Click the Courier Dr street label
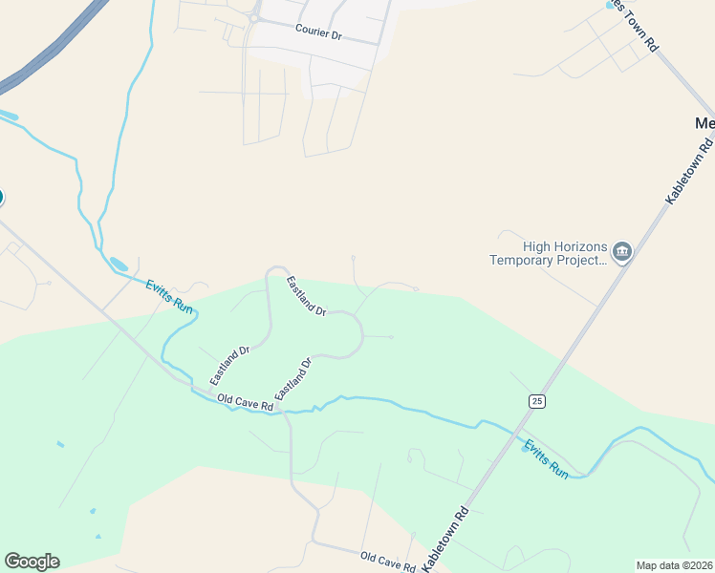pos(318,32)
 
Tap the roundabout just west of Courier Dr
pos(255,17)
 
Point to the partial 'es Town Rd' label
pos(637,25)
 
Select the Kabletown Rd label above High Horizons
pos(690,170)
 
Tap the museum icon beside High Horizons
pos(622,252)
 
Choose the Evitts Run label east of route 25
pos(546,458)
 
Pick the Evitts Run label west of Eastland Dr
pos(169,297)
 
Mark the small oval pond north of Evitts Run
pos(118,263)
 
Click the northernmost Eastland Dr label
pos(307,296)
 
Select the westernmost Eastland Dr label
pos(229,366)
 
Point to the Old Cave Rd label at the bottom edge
pos(388,561)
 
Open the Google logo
pos(32,561)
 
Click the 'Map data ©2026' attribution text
pos(674,565)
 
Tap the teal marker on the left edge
pos(1,198)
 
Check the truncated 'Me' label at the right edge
pos(704,124)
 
